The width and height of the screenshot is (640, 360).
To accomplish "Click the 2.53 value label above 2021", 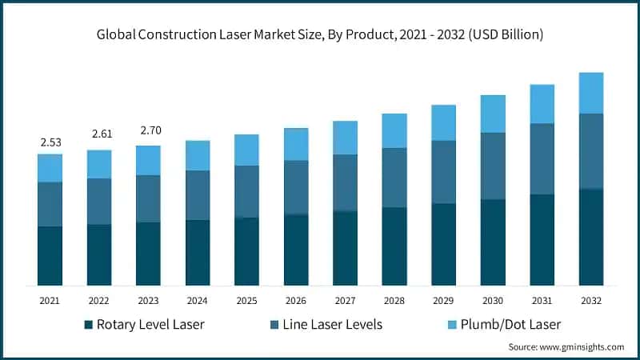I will coord(50,142).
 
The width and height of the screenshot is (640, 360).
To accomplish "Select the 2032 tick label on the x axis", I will coord(590,300).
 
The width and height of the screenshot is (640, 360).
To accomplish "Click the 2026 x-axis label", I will coord(296,300).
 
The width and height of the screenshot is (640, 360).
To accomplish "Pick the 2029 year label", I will coord(443,300).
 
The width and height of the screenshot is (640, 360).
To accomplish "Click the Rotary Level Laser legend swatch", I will coord(87,324).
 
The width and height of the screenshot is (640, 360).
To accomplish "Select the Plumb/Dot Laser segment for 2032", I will coord(590,93).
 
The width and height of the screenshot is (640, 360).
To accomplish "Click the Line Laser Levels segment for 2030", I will coord(492,166).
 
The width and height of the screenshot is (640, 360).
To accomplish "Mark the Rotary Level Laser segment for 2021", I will coord(50,256).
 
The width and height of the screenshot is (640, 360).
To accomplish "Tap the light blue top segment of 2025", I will coord(246,150).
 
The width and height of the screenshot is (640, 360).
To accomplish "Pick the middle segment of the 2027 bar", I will coord(345,182).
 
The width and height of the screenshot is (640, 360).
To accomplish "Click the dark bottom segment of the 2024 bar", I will coord(198,253).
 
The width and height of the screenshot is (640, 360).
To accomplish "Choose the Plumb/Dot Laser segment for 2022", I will coord(99,164).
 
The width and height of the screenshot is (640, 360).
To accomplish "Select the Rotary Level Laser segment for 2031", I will coord(542,240).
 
